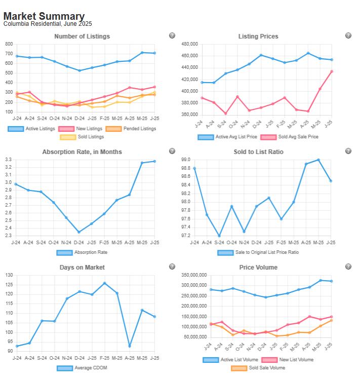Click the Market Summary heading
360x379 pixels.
click(x=44, y=16)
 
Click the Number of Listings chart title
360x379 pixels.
click(x=82, y=36)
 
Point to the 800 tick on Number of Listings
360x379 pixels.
click(x=9, y=44)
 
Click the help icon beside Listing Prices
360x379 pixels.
click(x=348, y=35)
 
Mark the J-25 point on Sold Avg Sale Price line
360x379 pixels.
click(x=331, y=71)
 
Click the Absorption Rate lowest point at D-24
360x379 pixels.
click(x=79, y=232)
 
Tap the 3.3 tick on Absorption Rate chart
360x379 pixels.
click(x=9, y=160)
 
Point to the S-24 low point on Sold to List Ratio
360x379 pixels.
click(x=219, y=236)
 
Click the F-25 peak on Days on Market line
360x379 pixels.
click(x=104, y=283)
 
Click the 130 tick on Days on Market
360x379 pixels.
click(x=9, y=275)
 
